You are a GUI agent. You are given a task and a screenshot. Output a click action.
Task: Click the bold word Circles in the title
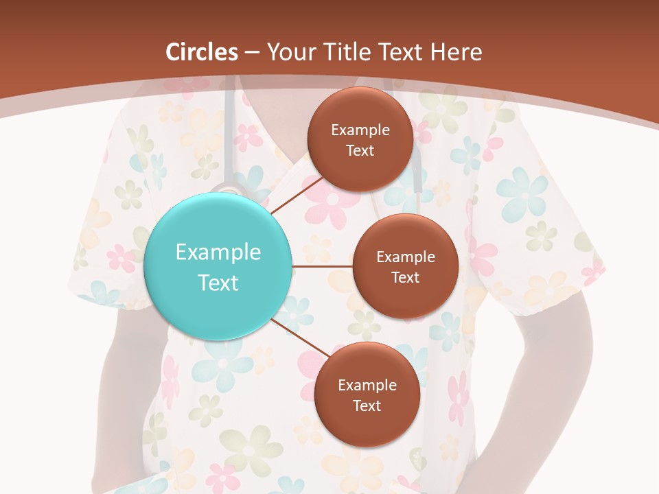(201, 52)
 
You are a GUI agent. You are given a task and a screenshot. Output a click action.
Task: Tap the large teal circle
(218, 266)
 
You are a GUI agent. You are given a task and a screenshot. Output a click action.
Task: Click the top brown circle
(360, 140)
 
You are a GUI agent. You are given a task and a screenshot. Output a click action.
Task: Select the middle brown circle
(405, 266)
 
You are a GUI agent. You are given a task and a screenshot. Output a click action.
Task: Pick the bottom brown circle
(367, 395)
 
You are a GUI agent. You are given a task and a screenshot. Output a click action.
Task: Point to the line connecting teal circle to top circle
(297, 194)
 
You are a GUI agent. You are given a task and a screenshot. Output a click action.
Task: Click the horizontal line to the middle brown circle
(323, 266)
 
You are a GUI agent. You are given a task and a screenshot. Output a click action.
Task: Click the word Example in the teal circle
(218, 252)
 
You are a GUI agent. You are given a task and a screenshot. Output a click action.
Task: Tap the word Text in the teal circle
(218, 283)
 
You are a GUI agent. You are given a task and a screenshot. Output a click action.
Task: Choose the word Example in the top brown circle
(360, 130)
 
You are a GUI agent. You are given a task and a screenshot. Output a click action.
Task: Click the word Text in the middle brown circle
(405, 277)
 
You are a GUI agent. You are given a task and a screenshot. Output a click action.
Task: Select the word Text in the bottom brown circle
(367, 405)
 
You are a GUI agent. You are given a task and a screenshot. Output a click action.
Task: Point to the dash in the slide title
(252, 53)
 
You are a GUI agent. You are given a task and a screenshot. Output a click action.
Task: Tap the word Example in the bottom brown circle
(367, 386)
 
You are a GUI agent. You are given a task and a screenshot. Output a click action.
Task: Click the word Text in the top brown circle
(360, 150)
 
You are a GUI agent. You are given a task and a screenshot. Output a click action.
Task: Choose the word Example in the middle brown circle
(405, 257)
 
